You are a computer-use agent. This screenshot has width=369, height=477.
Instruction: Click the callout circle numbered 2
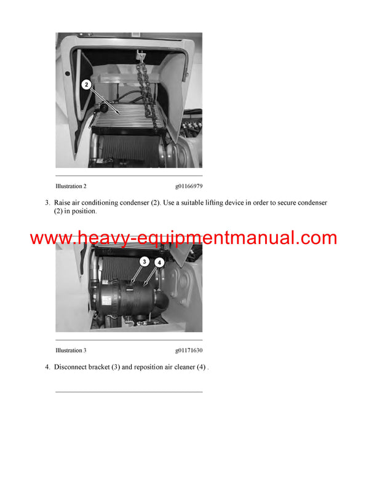click(87, 84)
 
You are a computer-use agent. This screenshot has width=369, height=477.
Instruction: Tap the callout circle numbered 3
click(143, 261)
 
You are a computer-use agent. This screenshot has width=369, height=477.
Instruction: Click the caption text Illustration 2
click(71, 186)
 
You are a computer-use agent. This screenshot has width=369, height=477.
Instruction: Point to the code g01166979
click(188, 186)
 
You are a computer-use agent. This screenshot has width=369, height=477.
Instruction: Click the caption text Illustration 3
click(71, 350)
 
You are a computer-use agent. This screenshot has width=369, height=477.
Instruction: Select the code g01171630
click(188, 350)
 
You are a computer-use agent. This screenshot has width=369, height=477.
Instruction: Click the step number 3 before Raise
click(47, 202)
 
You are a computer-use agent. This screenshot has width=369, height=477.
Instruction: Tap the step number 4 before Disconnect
click(47, 367)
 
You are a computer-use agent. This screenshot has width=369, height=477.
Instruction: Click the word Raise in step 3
click(64, 202)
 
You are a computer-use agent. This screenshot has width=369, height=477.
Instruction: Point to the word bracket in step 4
click(109, 367)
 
